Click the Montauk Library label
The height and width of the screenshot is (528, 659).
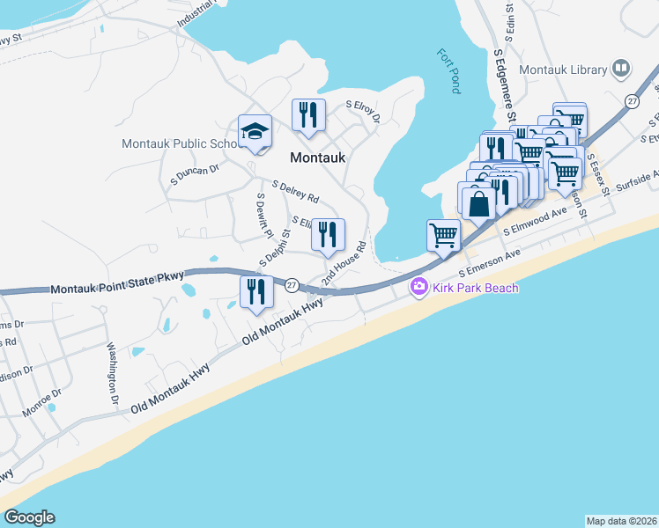563,70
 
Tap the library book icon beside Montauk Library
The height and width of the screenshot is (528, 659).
622,69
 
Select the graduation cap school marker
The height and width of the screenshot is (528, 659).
255,132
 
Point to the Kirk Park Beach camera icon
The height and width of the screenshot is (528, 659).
418,288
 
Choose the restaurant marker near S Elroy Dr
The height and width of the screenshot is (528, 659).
308,115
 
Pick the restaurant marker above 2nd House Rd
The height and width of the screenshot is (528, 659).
328,234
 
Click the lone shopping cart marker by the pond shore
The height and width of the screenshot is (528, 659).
443,235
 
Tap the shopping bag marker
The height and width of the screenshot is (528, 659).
477,202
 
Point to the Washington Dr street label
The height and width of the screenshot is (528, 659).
113,373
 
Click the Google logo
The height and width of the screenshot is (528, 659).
29,517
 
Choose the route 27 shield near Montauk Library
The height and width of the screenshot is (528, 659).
632,102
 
